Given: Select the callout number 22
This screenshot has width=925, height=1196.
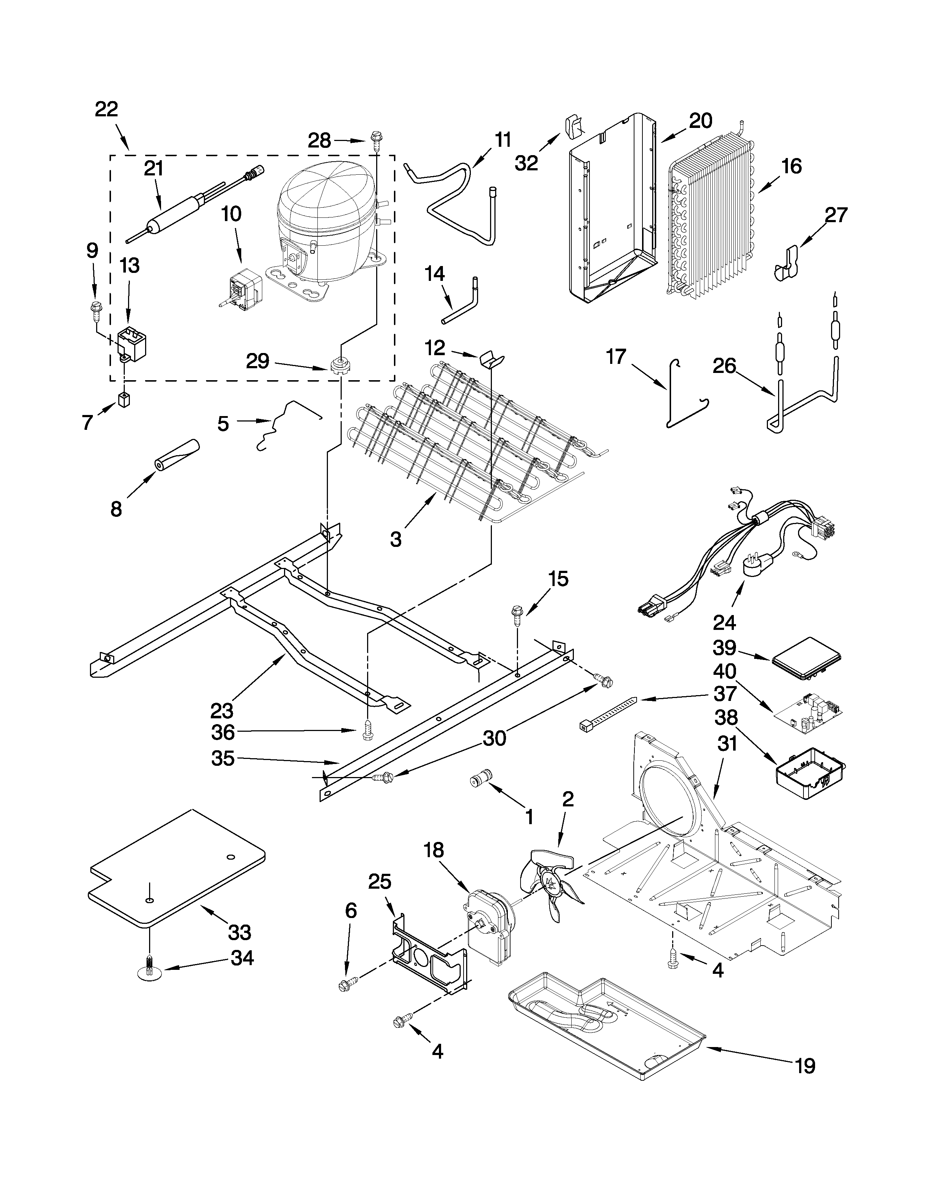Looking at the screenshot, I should coord(106,109).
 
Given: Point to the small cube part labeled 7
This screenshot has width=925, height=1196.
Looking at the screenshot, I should coord(126,401).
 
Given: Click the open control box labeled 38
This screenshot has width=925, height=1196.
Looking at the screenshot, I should coord(809,774).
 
